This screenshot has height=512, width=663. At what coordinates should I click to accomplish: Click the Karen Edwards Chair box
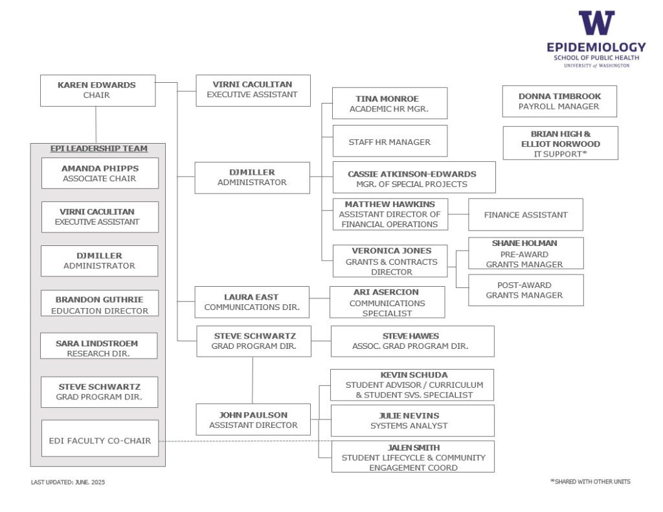[98, 91]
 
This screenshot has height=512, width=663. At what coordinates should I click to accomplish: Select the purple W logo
[596, 23]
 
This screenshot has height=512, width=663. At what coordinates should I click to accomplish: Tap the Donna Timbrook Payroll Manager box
[559, 102]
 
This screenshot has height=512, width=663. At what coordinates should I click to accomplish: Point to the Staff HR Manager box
[390, 141]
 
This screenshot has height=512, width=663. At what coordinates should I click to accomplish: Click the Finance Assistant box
[526, 215]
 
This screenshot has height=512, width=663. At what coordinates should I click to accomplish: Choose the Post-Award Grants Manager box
[526, 290]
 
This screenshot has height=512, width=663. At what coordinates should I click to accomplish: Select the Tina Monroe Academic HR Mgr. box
[389, 103]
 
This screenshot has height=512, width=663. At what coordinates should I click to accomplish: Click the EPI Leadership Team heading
[99, 148]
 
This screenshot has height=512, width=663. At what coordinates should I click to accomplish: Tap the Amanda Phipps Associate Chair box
[100, 173]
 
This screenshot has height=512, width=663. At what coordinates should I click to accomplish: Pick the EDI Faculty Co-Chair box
[100, 438]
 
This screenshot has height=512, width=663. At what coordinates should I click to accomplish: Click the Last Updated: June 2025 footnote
[67, 482]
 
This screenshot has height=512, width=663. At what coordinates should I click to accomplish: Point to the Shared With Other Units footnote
[590, 482]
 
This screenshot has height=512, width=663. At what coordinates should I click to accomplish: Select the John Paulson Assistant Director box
[253, 419]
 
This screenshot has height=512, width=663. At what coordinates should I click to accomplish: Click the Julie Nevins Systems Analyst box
[412, 421]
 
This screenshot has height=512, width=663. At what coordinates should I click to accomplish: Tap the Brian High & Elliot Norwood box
[560, 143]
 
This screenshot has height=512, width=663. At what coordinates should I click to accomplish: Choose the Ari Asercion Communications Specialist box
[387, 302]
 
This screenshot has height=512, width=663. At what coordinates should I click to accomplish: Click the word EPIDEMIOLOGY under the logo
[596, 47]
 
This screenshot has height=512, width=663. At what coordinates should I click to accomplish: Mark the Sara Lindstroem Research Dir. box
[98, 346]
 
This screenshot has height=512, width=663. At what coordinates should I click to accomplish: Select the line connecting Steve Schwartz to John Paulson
[253, 380]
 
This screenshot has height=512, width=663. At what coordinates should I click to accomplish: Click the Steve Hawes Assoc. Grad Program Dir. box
[412, 341]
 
